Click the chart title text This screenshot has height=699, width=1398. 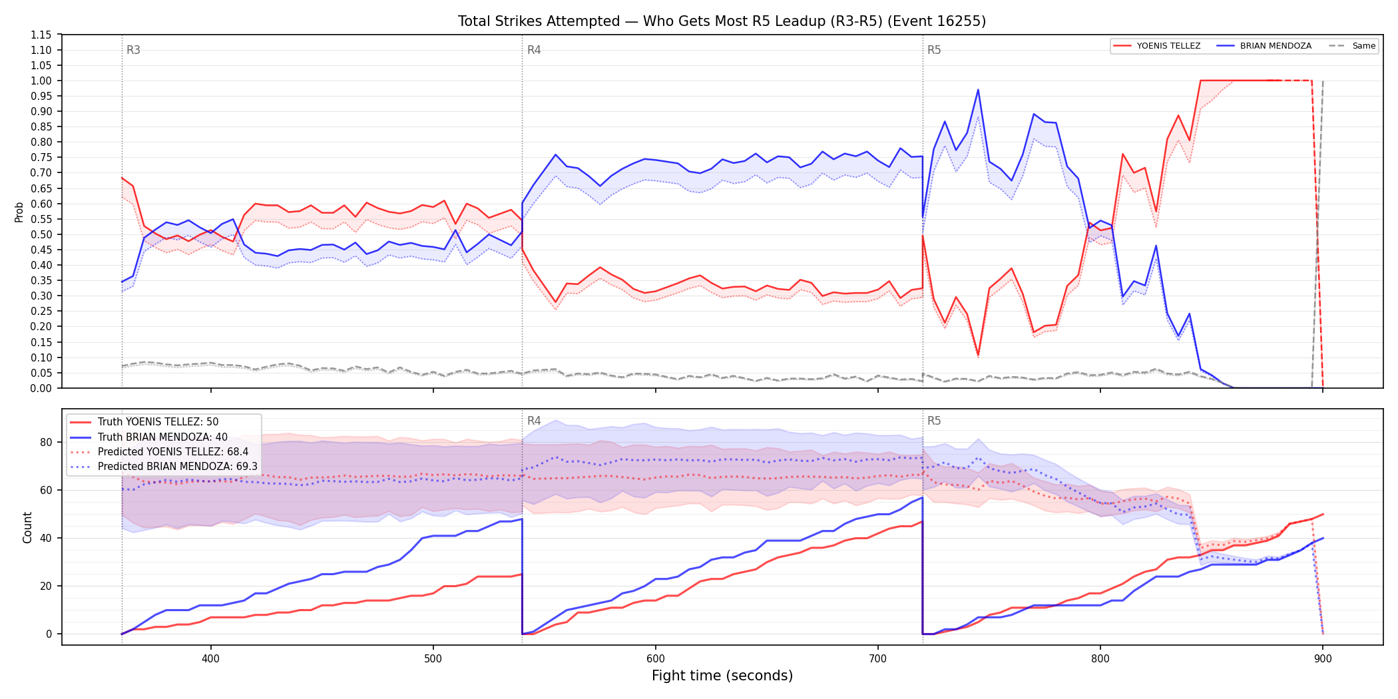722,21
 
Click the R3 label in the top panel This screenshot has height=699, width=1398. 133,50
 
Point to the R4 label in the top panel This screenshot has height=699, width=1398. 534,50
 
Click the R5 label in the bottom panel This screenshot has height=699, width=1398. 934,421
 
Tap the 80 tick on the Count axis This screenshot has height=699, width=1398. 46,442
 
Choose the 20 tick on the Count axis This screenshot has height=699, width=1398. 46,586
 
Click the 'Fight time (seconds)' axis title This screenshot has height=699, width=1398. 722,676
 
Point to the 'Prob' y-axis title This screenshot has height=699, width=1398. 19,212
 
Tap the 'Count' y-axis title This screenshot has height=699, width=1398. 27,527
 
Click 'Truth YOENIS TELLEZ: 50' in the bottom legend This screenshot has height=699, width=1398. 158,422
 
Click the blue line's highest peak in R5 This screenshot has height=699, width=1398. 978,90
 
